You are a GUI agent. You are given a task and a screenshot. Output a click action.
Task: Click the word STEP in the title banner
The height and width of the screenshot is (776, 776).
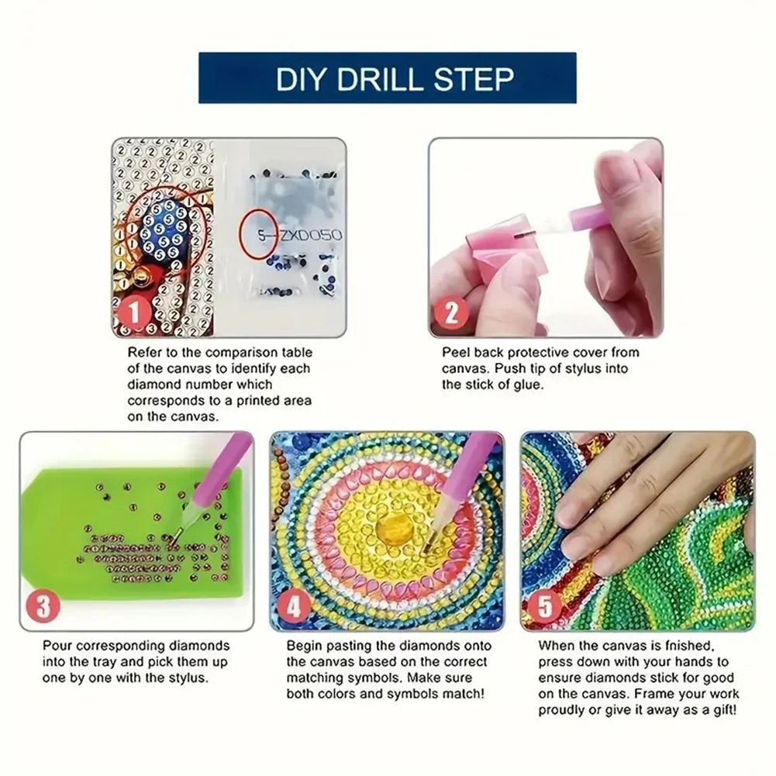(x=476, y=78)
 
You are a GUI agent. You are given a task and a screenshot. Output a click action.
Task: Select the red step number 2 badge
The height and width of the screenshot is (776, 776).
(x=453, y=315)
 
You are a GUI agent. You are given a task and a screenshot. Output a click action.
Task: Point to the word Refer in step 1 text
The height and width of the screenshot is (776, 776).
(x=143, y=354)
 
